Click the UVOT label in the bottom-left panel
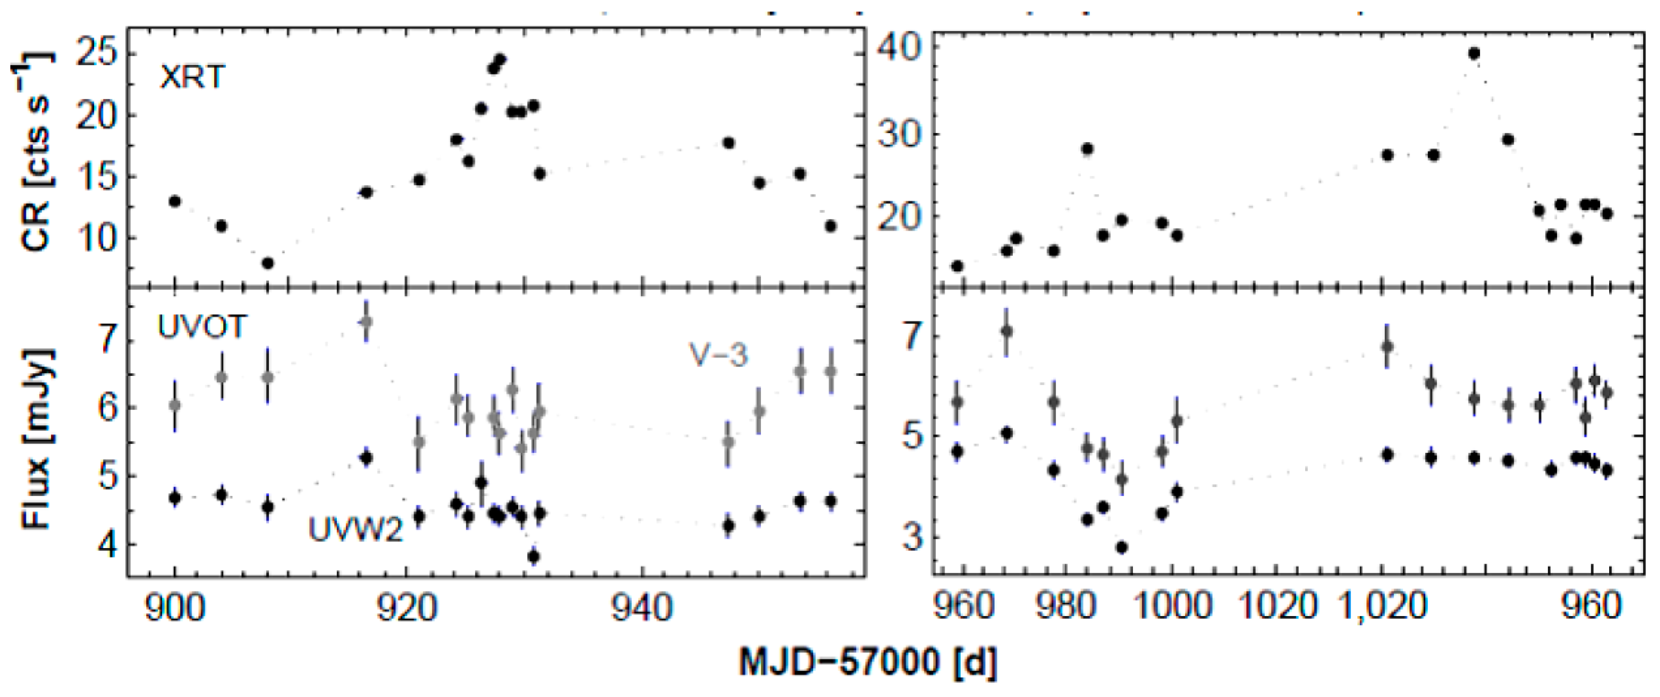(201, 327)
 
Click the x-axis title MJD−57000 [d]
(868, 664)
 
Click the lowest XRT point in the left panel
(268, 263)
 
